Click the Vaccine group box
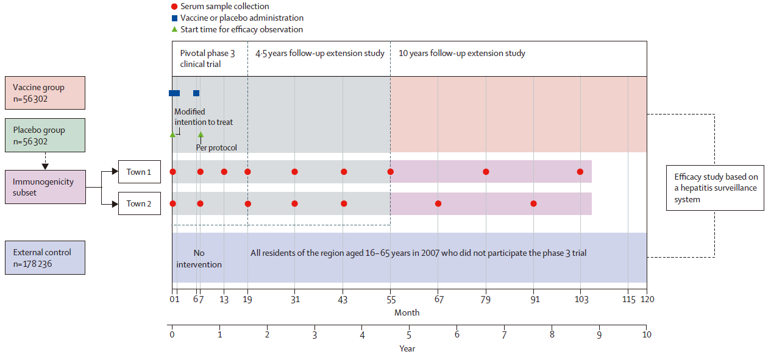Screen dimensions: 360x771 click(45, 93)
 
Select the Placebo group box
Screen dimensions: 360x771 click(45, 135)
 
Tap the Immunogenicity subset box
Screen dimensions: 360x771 click(45, 186)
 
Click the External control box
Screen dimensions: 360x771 click(45, 258)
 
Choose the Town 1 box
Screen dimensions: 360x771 click(140, 172)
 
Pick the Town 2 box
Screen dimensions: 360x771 click(140, 203)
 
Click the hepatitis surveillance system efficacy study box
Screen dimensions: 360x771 click(714, 188)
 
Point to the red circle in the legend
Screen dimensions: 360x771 click(174, 7)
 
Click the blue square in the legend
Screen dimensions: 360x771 click(174, 18)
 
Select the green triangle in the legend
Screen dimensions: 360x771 click(174, 29)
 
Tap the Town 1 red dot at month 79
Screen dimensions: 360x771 click(486, 172)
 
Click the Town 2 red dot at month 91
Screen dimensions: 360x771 click(533, 203)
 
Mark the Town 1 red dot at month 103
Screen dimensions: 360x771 click(580, 172)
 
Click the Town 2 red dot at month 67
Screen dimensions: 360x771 click(438, 203)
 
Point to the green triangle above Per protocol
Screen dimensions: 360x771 click(201, 135)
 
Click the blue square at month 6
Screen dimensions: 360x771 click(196, 93)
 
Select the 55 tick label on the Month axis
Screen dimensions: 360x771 click(391, 300)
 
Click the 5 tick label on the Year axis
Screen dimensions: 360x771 click(409, 335)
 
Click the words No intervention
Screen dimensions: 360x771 click(199, 259)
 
